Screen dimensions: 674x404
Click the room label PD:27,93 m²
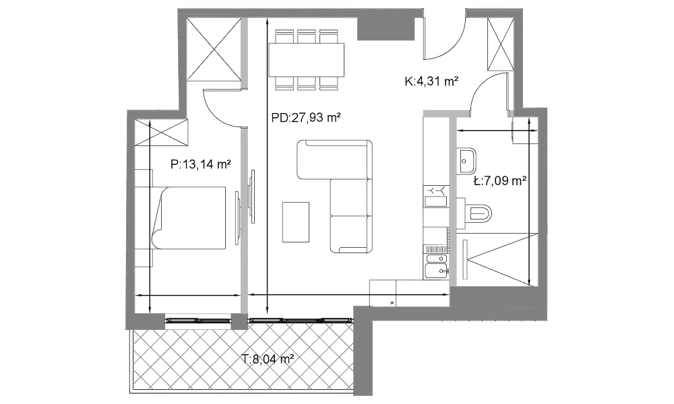tap(306, 117)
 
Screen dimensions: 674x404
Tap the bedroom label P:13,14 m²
tap(201, 164)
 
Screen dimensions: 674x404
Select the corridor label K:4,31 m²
tap(431, 81)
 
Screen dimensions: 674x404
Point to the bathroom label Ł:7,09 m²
tap(500, 181)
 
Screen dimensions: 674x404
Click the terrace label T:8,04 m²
tap(268, 358)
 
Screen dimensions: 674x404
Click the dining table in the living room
tap(307, 60)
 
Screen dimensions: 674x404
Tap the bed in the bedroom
tap(189, 217)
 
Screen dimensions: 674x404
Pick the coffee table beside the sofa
tap(296, 222)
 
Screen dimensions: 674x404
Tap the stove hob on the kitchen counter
tap(436, 196)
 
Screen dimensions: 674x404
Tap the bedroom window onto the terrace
tap(199, 320)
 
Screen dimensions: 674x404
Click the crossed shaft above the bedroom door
tap(214, 50)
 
